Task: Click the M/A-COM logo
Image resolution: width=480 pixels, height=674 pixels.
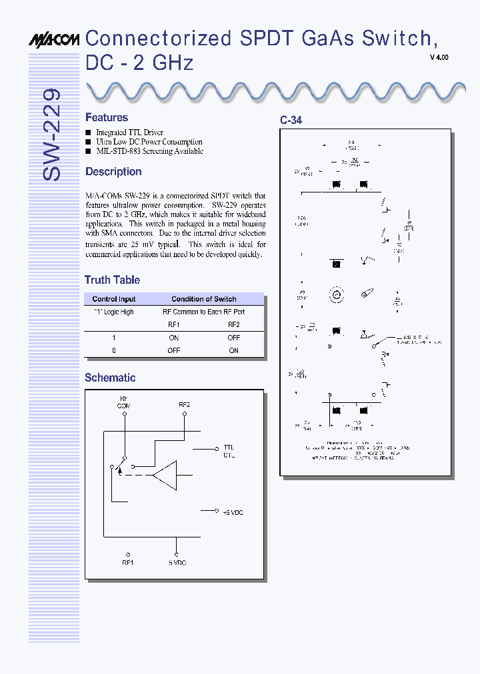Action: coord(56,41)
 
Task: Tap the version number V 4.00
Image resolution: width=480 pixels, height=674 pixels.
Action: coord(439,58)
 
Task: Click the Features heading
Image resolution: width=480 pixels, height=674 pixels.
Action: coord(107,117)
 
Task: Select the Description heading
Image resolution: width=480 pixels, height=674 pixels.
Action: coord(113,171)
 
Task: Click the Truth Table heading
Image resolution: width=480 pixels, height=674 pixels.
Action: coord(112,280)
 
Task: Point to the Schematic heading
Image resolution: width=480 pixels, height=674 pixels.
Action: coord(110,378)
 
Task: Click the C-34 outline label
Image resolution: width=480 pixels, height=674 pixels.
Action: coord(291,121)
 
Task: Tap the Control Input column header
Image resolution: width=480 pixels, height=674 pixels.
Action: coord(114,299)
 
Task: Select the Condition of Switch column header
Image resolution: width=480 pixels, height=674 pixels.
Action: coord(203,299)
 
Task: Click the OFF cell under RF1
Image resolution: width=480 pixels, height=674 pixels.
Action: coord(174,350)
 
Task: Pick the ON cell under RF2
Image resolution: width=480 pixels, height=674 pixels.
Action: coord(233,350)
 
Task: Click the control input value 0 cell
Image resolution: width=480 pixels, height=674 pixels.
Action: coord(114,350)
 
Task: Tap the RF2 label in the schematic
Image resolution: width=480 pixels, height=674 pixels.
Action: coord(184,404)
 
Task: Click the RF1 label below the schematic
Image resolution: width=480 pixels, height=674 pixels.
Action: coord(128,563)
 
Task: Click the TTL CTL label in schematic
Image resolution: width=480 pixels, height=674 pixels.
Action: coord(228,451)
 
